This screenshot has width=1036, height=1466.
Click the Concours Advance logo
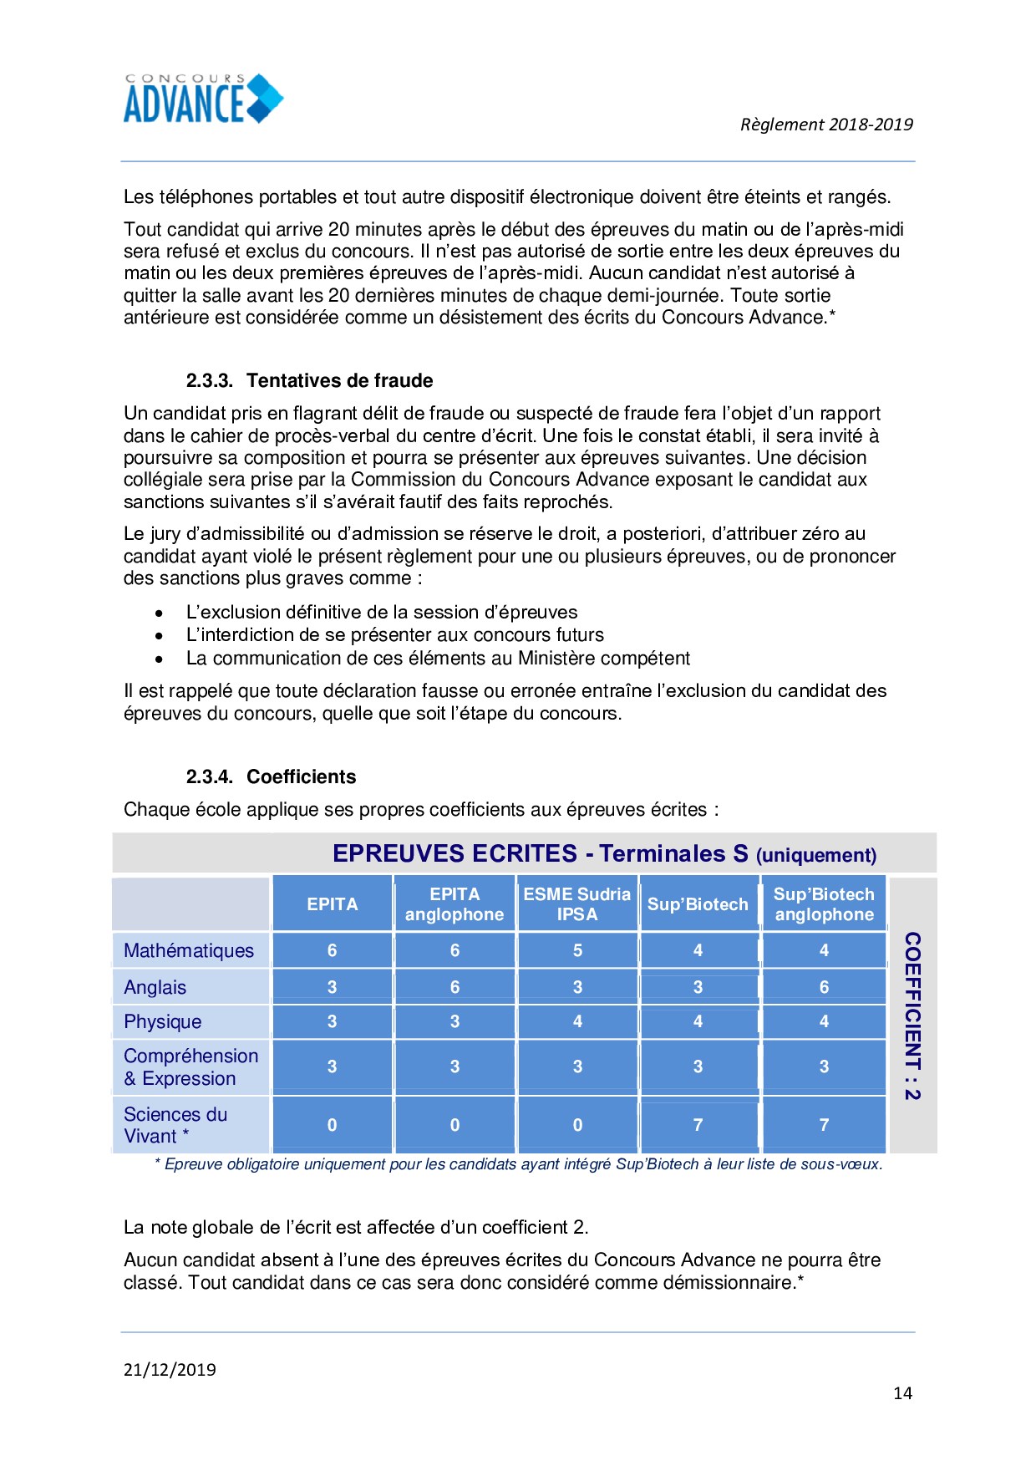[x=203, y=99]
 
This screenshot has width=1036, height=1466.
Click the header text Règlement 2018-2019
[x=825, y=125]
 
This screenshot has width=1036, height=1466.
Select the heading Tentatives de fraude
[x=339, y=380]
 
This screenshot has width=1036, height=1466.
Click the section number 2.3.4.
[x=209, y=776]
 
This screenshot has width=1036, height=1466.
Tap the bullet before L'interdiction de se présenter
[x=159, y=636]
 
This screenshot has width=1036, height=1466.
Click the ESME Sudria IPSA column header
[x=576, y=904]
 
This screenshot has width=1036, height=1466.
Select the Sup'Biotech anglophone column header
[x=824, y=904]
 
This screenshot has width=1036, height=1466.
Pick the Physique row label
[x=163, y=1021]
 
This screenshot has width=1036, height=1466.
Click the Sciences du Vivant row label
[x=175, y=1125]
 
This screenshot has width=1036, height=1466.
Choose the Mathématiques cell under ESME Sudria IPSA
[x=577, y=950]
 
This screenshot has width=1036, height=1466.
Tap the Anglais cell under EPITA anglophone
[x=455, y=987]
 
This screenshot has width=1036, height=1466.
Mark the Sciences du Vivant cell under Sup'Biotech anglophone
[x=824, y=1125]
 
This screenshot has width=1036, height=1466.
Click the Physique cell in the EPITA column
[x=332, y=1021]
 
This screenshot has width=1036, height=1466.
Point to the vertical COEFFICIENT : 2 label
[x=912, y=1016]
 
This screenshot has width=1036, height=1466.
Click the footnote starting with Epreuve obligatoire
[x=518, y=1164]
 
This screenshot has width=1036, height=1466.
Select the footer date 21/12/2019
[x=170, y=1369]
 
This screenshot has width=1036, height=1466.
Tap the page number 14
[x=902, y=1392]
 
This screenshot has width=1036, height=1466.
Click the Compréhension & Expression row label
[x=190, y=1067]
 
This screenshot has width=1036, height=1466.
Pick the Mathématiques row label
[x=189, y=950]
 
